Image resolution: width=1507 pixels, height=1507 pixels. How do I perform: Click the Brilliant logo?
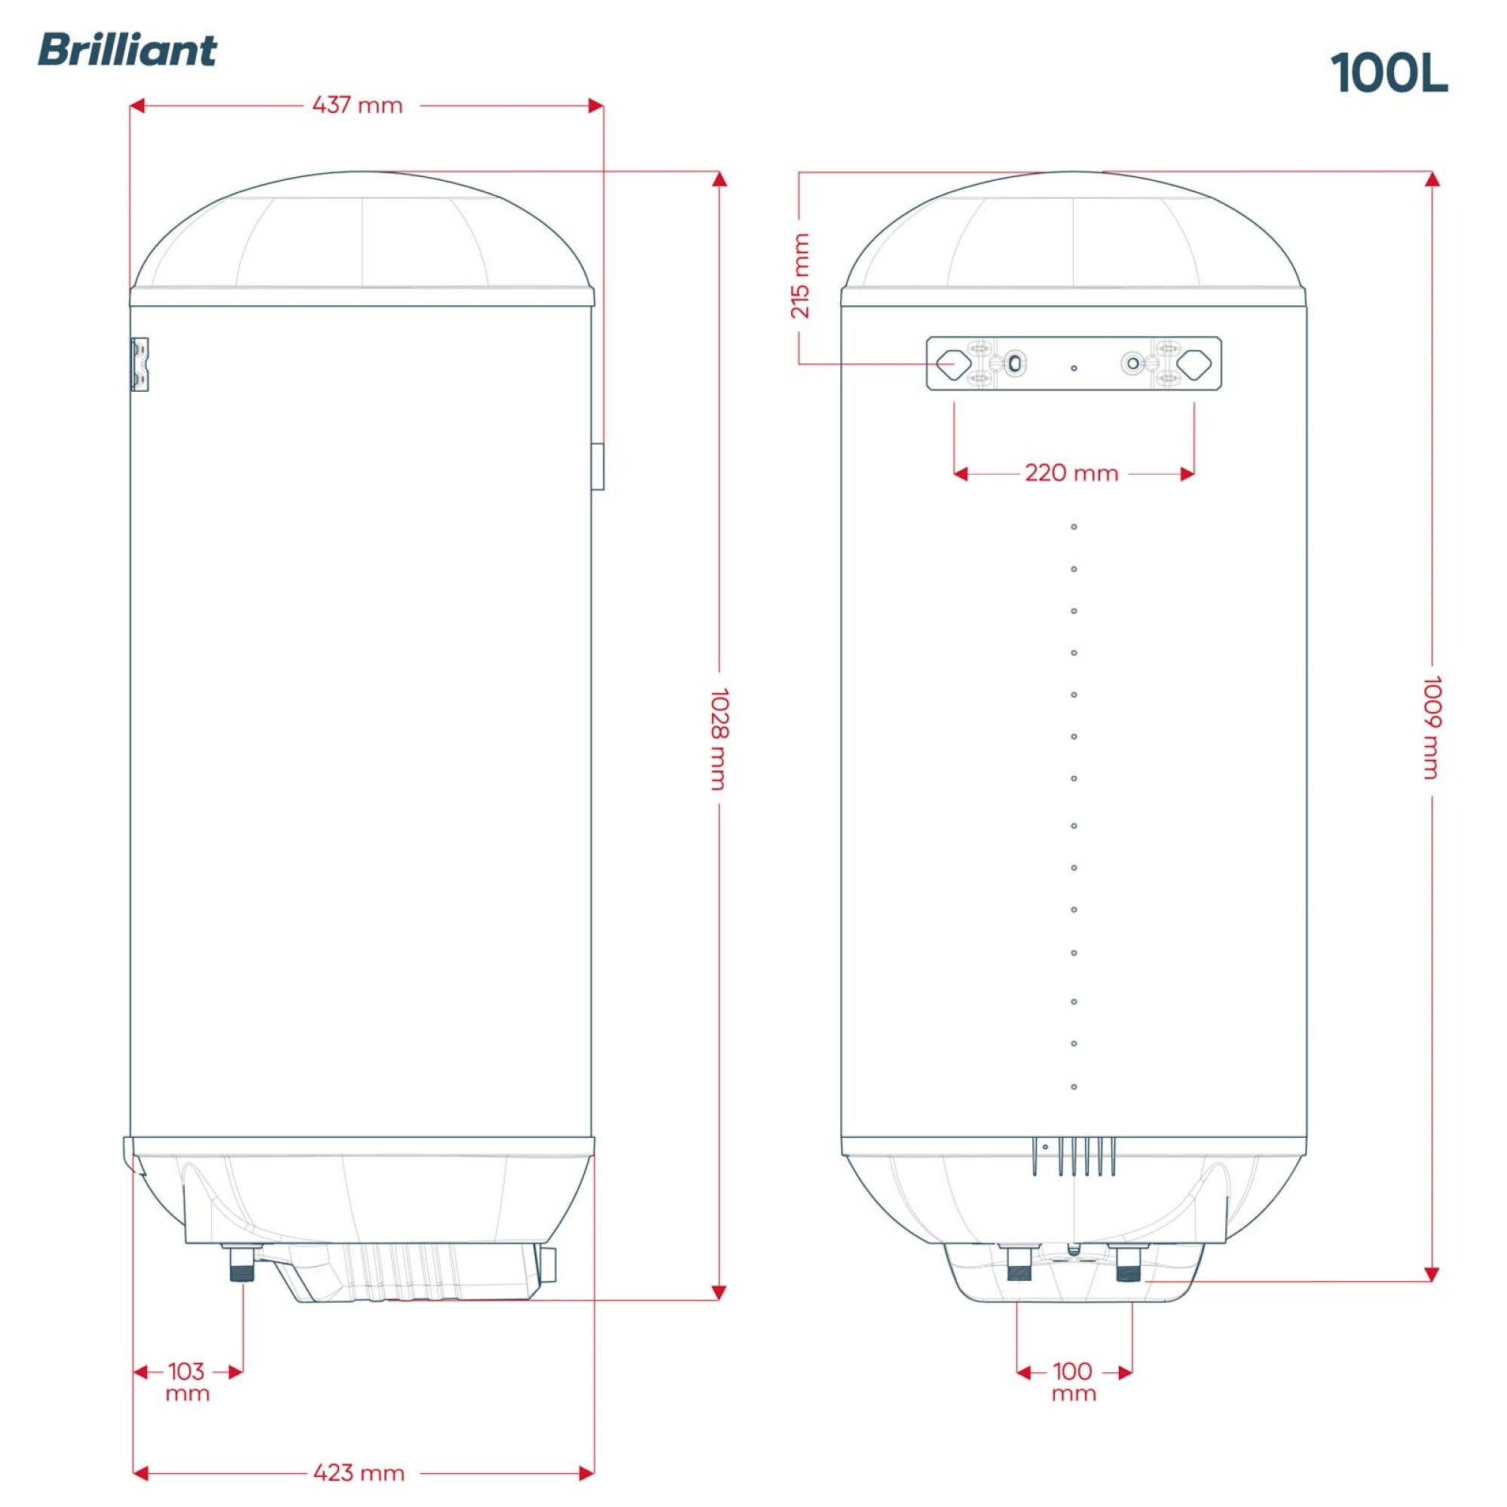pos(127,50)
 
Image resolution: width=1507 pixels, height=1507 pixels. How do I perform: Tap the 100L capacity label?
pos(1389,75)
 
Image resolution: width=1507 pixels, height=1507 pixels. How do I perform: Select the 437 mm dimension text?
pos(357,105)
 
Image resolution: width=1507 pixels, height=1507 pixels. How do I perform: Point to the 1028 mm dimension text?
pos(719,738)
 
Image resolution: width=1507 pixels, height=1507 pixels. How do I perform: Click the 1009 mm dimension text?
pos(1432,727)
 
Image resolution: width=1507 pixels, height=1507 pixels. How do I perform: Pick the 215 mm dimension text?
pos(800,275)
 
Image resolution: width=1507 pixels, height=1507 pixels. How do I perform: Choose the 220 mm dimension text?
pos(1071,473)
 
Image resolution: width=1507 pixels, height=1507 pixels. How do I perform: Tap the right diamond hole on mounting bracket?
pos(1194,362)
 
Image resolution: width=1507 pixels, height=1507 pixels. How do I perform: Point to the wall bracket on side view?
pos(139,364)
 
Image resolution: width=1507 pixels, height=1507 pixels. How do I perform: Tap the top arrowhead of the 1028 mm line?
pos(719,179)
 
